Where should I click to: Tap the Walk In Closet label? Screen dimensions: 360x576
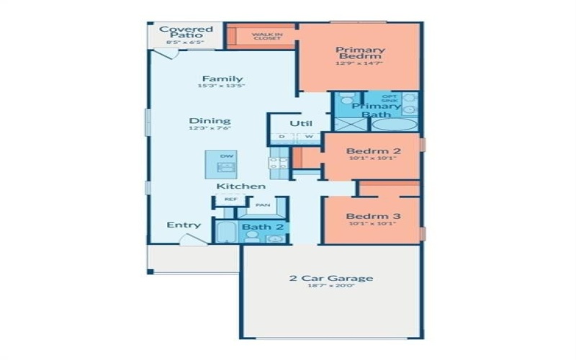tap(266, 36)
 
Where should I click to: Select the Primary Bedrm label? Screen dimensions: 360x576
tap(361, 55)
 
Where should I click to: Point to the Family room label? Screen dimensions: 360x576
tap(222, 78)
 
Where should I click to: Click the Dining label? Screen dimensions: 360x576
tap(210, 120)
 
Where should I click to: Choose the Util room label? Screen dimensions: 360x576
tap(300, 123)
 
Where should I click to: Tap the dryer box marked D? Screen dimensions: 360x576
tap(282, 137)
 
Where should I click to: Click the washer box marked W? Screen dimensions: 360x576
tap(308, 137)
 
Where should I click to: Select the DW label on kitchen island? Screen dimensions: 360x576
tap(226, 156)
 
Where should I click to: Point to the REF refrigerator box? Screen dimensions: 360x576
tap(230, 199)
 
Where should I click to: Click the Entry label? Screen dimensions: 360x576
tap(184, 225)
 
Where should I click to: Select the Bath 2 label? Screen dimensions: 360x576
tap(257, 228)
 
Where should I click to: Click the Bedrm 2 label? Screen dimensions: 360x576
tap(373, 151)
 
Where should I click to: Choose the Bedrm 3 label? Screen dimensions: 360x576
tap(372, 216)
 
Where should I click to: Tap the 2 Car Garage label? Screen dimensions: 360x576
tap(331, 278)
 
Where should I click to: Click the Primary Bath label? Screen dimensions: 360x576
tap(376, 110)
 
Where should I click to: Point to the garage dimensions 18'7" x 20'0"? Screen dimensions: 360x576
tap(331, 287)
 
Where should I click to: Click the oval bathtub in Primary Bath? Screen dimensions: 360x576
tap(394, 124)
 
